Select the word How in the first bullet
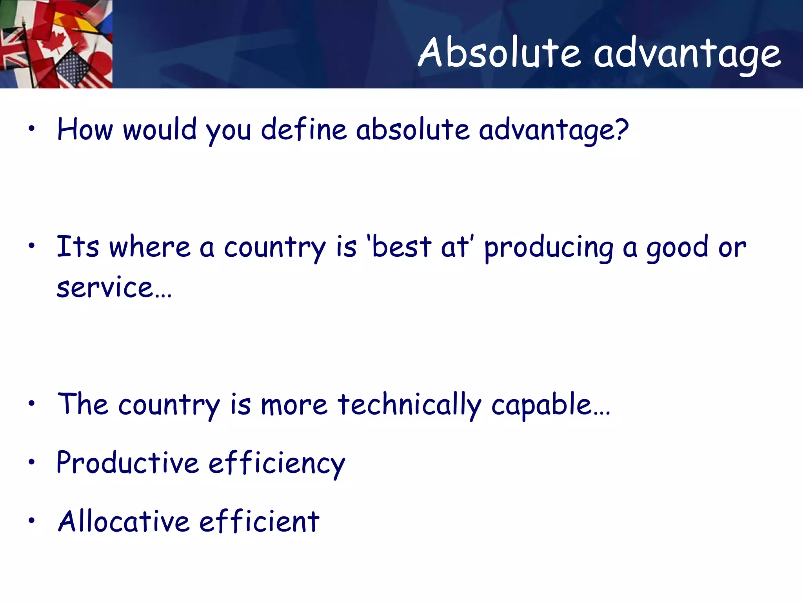(x=85, y=130)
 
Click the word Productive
(x=128, y=463)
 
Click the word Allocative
(x=124, y=522)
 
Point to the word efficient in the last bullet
(x=259, y=522)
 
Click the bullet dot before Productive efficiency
(x=32, y=462)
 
